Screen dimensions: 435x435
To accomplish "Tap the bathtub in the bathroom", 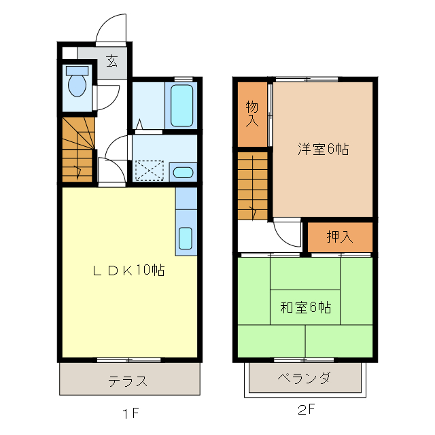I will (x=181, y=105).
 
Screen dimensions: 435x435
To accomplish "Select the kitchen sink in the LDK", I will (x=185, y=238).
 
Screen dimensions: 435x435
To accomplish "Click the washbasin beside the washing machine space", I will (x=182, y=172).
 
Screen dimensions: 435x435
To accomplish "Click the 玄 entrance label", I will (x=111, y=61).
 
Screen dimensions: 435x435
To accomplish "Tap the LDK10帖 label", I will (x=128, y=270).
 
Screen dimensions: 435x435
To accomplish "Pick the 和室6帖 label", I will (x=306, y=307).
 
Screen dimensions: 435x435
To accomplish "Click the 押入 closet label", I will (x=340, y=237).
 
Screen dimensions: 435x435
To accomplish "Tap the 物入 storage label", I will (x=252, y=114).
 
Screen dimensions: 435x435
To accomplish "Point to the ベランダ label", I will (x=304, y=378).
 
